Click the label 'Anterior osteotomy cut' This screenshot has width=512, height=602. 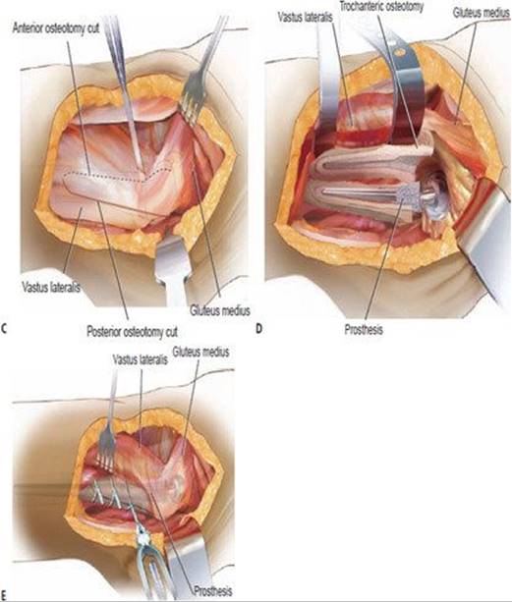tap(56, 29)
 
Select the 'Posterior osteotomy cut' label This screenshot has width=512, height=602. tap(132, 331)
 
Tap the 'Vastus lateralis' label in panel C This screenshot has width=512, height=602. tap(51, 287)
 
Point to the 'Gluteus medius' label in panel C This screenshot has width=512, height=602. tap(220, 310)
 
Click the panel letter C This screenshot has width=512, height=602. tap(4, 329)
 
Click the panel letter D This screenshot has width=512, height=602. tap(259, 329)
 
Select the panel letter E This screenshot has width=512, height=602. tap(4, 594)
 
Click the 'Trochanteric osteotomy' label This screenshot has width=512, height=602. tap(381, 7)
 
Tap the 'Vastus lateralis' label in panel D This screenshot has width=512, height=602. tap(306, 17)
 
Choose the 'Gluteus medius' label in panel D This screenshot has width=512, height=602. tap(481, 13)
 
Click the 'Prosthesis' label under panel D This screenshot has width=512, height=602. tap(364, 329)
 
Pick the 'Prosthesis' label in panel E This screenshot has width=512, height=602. tap(213, 590)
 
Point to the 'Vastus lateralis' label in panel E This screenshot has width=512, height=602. tap(141, 359)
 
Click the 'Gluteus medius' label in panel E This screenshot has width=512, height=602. tap(200, 352)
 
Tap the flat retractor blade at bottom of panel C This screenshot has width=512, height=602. tap(174, 265)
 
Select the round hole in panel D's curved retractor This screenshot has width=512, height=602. tap(399, 50)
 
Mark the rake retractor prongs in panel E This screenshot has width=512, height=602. tap(106, 449)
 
